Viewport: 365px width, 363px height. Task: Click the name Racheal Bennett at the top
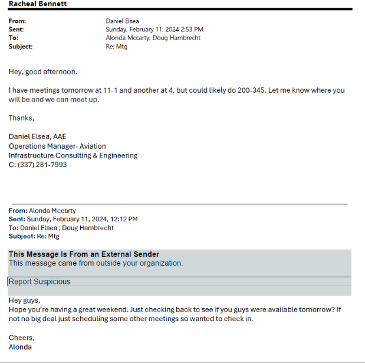coord(38,4)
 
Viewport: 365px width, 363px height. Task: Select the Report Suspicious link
coord(40,282)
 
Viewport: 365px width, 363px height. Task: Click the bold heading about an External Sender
coord(84,254)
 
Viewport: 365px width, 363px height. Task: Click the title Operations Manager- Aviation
coord(57,146)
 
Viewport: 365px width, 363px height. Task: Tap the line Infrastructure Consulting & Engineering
coord(73,155)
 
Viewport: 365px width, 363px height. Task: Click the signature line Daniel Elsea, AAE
coord(37,137)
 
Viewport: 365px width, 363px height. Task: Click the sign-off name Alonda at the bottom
coord(20,346)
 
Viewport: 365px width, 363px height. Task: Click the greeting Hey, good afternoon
coord(42,72)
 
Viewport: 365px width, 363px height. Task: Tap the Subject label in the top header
coord(21,47)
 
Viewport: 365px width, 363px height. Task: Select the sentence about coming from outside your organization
coord(96,263)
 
